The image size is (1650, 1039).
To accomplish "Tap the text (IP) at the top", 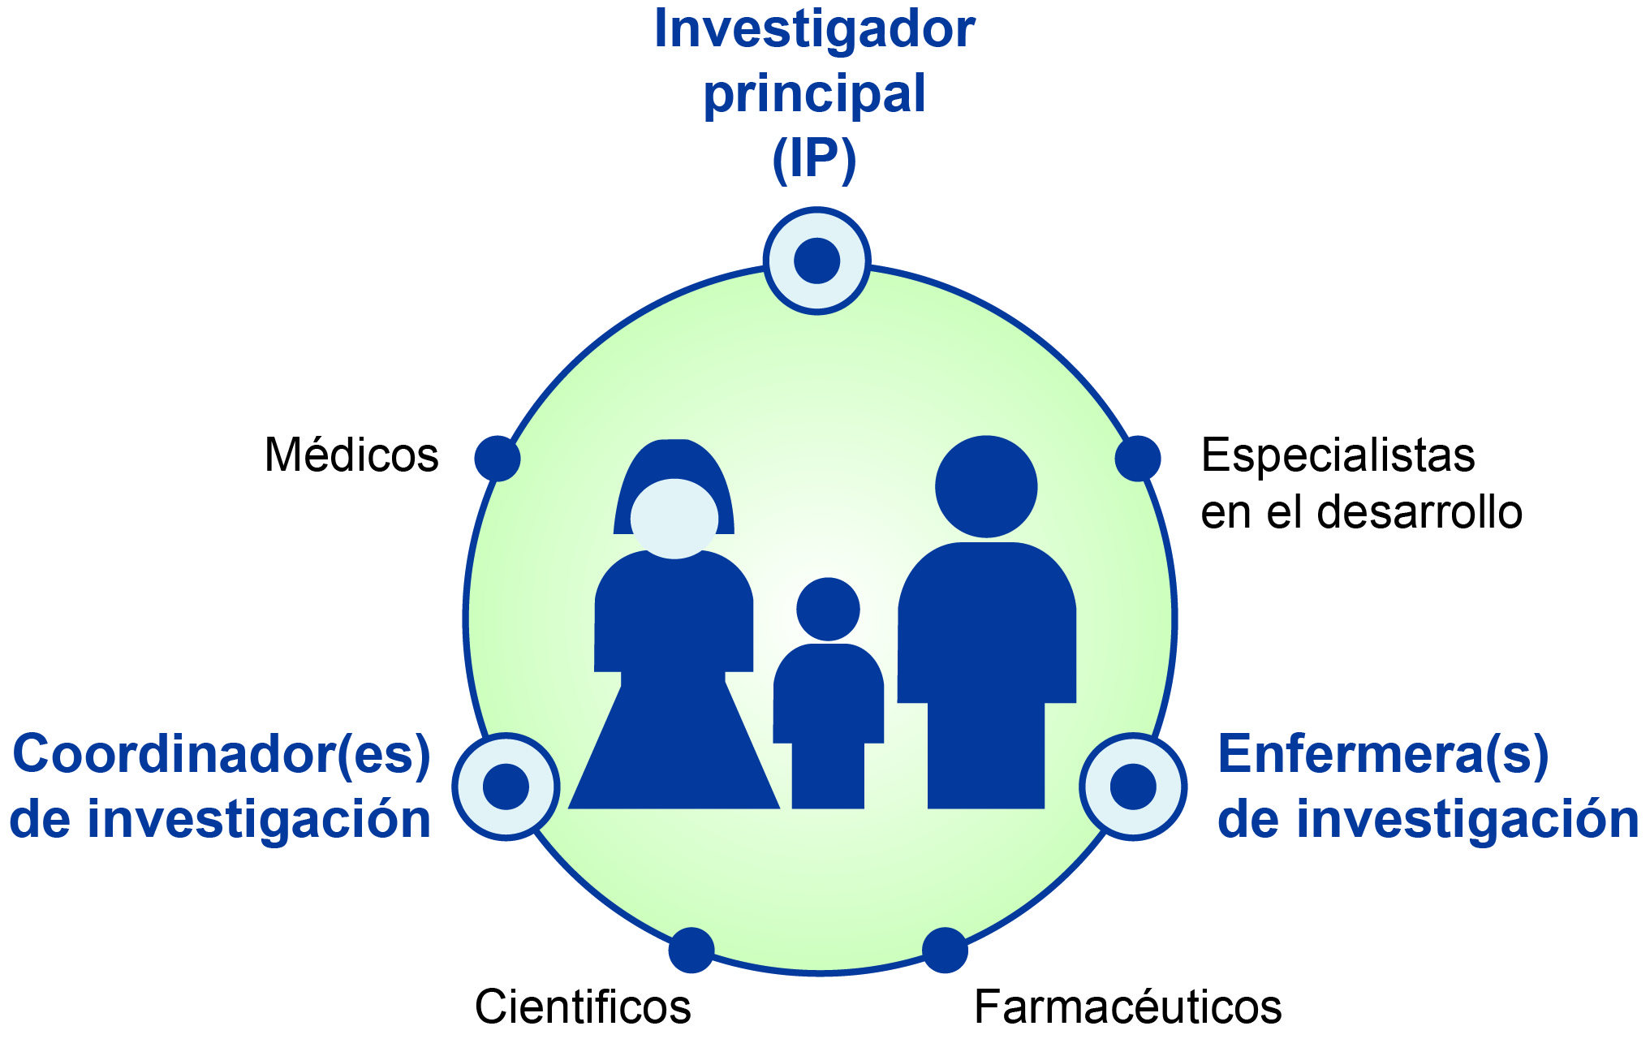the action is tap(814, 159).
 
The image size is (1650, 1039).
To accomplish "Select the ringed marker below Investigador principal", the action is tap(816, 261).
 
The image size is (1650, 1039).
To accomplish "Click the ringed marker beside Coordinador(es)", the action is tap(506, 787).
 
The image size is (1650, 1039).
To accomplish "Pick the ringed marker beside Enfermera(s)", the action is tap(1133, 787).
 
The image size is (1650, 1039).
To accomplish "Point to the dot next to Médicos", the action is tap(498, 459).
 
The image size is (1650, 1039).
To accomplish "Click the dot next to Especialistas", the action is tap(1138, 459).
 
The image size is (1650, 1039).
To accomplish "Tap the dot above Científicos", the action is tap(691, 950).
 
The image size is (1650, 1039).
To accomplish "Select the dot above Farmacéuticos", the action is tap(946, 950).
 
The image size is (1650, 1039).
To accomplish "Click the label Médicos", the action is tap(351, 455).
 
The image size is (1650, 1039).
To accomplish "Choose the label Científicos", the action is tap(583, 1007).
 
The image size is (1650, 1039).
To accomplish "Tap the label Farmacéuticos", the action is tap(1128, 1007).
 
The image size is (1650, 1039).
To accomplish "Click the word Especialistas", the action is tap(1338, 455).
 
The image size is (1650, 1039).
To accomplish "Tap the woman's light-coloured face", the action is tap(674, 519).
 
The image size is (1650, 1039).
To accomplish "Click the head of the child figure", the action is tap(828, 609).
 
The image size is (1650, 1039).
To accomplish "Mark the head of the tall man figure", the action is tap(986, 487).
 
